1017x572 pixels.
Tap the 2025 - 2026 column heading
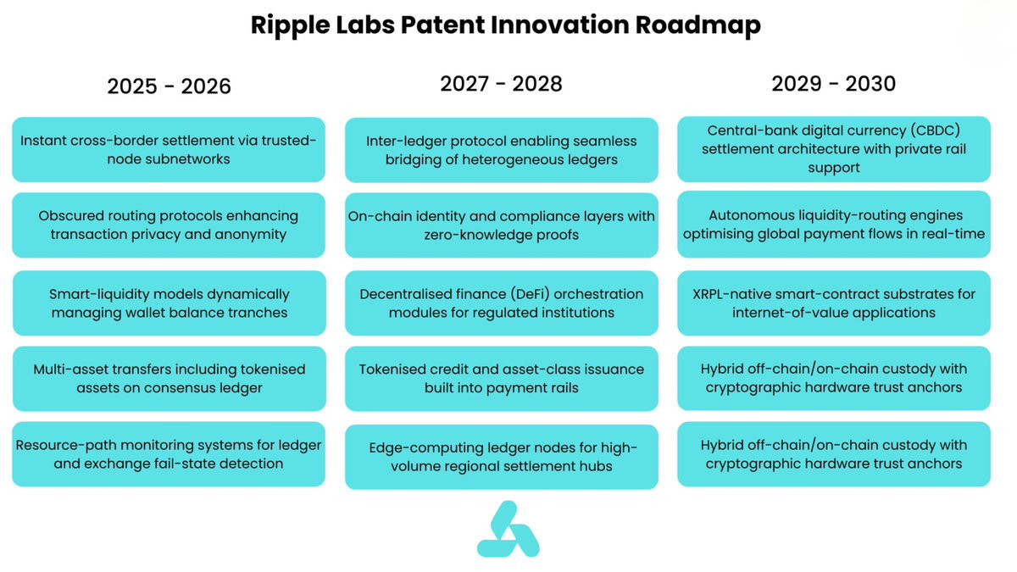(x=169, y=86)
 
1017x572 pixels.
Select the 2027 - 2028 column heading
(x=501, y=84)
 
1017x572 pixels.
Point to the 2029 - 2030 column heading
(x=834, y=84)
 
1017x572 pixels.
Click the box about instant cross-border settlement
(x=169, y=150)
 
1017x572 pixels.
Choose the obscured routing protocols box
(x=169, y=225)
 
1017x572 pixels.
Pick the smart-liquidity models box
(x=169, y=303)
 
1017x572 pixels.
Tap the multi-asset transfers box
(x=169, y=379)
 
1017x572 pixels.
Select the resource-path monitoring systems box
(x=169, y=454)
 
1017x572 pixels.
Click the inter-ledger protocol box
(x=501, y=150)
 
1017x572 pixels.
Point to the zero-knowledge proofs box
(x=501, y=225)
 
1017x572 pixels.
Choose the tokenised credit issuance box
(x=501, y=379)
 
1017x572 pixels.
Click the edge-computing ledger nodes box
(x=501, y=457)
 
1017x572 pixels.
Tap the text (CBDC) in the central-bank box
(x=936, y=131)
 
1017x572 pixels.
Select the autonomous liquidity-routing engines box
(x=834, y=225)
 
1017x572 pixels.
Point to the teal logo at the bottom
(x=508, y=529)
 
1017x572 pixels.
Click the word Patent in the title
(x=442, y=25)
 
